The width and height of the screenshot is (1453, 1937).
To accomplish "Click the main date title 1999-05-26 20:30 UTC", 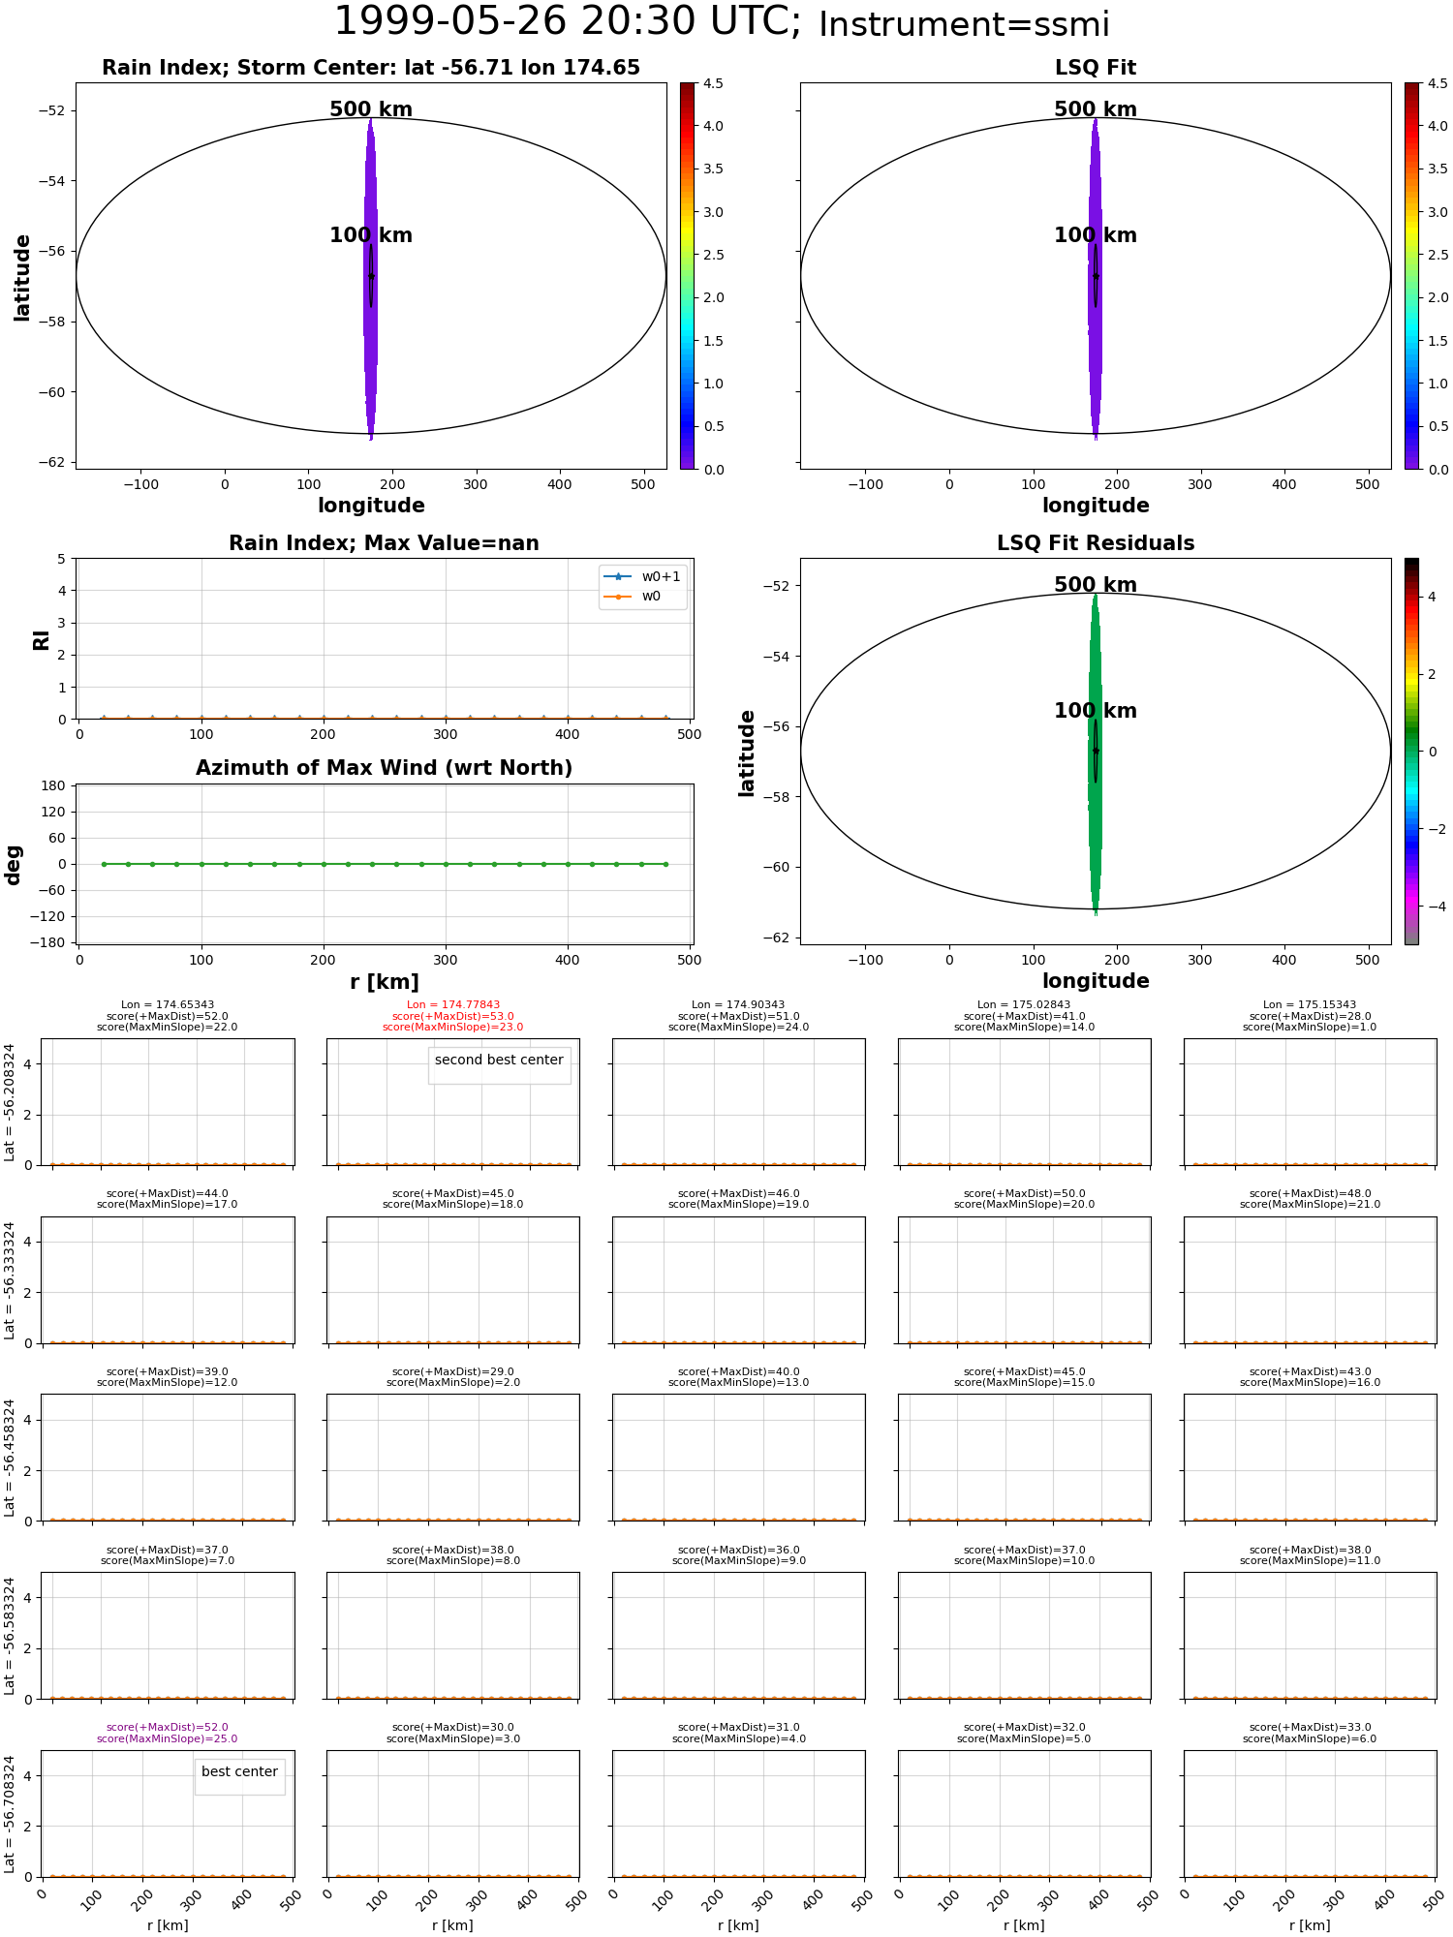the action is click(x=567, y=22).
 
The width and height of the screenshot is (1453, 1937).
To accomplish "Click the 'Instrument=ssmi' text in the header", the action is click(x=964, y=25).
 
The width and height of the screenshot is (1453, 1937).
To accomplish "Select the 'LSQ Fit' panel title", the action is click(x=1096, y=68).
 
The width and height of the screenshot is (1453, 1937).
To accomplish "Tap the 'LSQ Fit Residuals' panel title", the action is click(x=1096, y=543).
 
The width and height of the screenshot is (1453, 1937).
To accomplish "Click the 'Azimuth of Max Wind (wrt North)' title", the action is click(x=385, y=768).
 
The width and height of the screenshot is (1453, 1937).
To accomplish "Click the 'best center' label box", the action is click(x=239, y=1771).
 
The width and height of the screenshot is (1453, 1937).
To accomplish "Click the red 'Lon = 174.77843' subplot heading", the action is click(x=453, y=1005).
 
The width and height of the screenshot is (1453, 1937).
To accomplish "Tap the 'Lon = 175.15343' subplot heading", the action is click(x=1310, y=1005).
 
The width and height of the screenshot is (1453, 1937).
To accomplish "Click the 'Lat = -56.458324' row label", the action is click(x=10, y=1458).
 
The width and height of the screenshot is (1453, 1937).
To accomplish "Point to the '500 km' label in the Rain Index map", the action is click(x=371, y=109).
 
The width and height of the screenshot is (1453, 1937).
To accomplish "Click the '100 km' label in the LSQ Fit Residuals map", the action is click(x=1096, y=711).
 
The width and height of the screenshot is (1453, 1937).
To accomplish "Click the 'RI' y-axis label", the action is click(x=42, y=639).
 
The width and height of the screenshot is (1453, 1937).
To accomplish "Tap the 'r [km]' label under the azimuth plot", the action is click(x=385, y=982).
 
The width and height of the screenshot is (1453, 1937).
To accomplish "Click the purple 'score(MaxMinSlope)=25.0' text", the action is click(x=167, y=1738).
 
